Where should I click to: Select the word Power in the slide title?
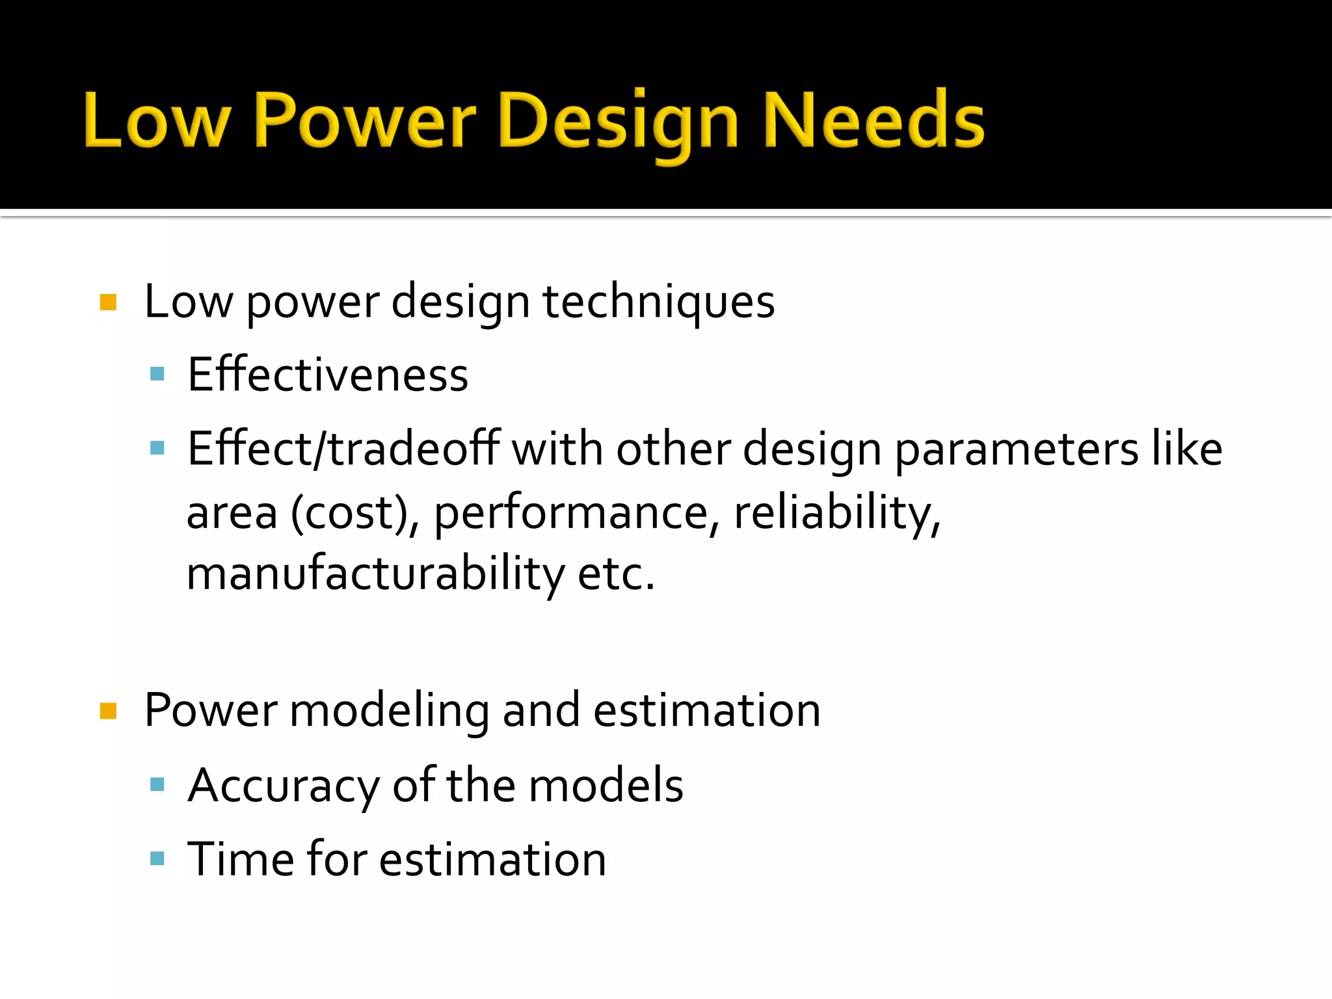(364, 121)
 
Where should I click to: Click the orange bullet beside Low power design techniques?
(108, 302)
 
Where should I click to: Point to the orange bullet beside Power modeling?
(108, 711)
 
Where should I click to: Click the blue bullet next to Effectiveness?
(157, 374)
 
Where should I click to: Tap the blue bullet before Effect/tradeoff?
(157, 448)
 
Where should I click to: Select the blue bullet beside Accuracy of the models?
(157, 784)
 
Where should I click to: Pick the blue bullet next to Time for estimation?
(157, 859)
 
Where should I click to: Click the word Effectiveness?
(328, 375)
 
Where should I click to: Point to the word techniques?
(658, 302)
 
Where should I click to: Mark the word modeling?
(389, 711)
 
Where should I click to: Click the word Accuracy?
(284, 786)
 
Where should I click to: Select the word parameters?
(1017, 449)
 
